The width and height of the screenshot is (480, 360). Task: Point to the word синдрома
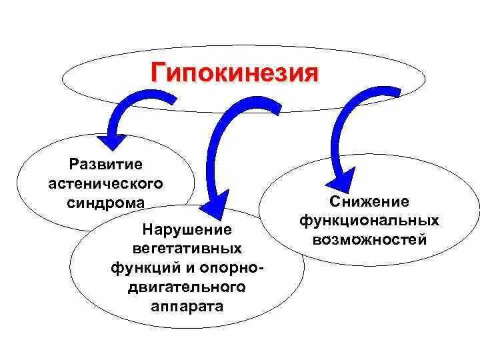pos(105,201)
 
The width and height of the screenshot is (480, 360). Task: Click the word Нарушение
pos(187,230)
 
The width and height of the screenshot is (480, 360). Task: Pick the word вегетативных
pos(187,249)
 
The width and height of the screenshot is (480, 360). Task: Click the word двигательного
pos(187,287)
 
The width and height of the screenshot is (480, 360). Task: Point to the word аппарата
pos(187,307)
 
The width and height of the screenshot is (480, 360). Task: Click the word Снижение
pos(369,201)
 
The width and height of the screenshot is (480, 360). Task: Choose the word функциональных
pos(369,220)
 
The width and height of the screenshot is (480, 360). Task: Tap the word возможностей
pos(369,239)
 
